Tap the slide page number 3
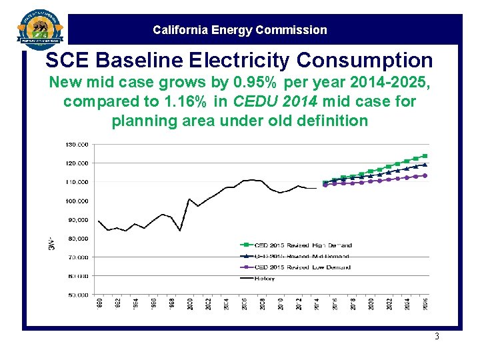[x=437, y=337]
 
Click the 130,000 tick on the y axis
[x=77, y=145]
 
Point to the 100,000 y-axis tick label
[x=77, y=201]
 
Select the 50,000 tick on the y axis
[x=77, y=294]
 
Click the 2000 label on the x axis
[x=190, y=304]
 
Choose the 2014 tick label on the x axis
[x=315, y=304]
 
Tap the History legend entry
[x=264, y=279]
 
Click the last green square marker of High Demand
[x=425, y=156]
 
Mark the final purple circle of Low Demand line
[x=425, y=176]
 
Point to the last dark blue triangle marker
[x=425, y=164]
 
